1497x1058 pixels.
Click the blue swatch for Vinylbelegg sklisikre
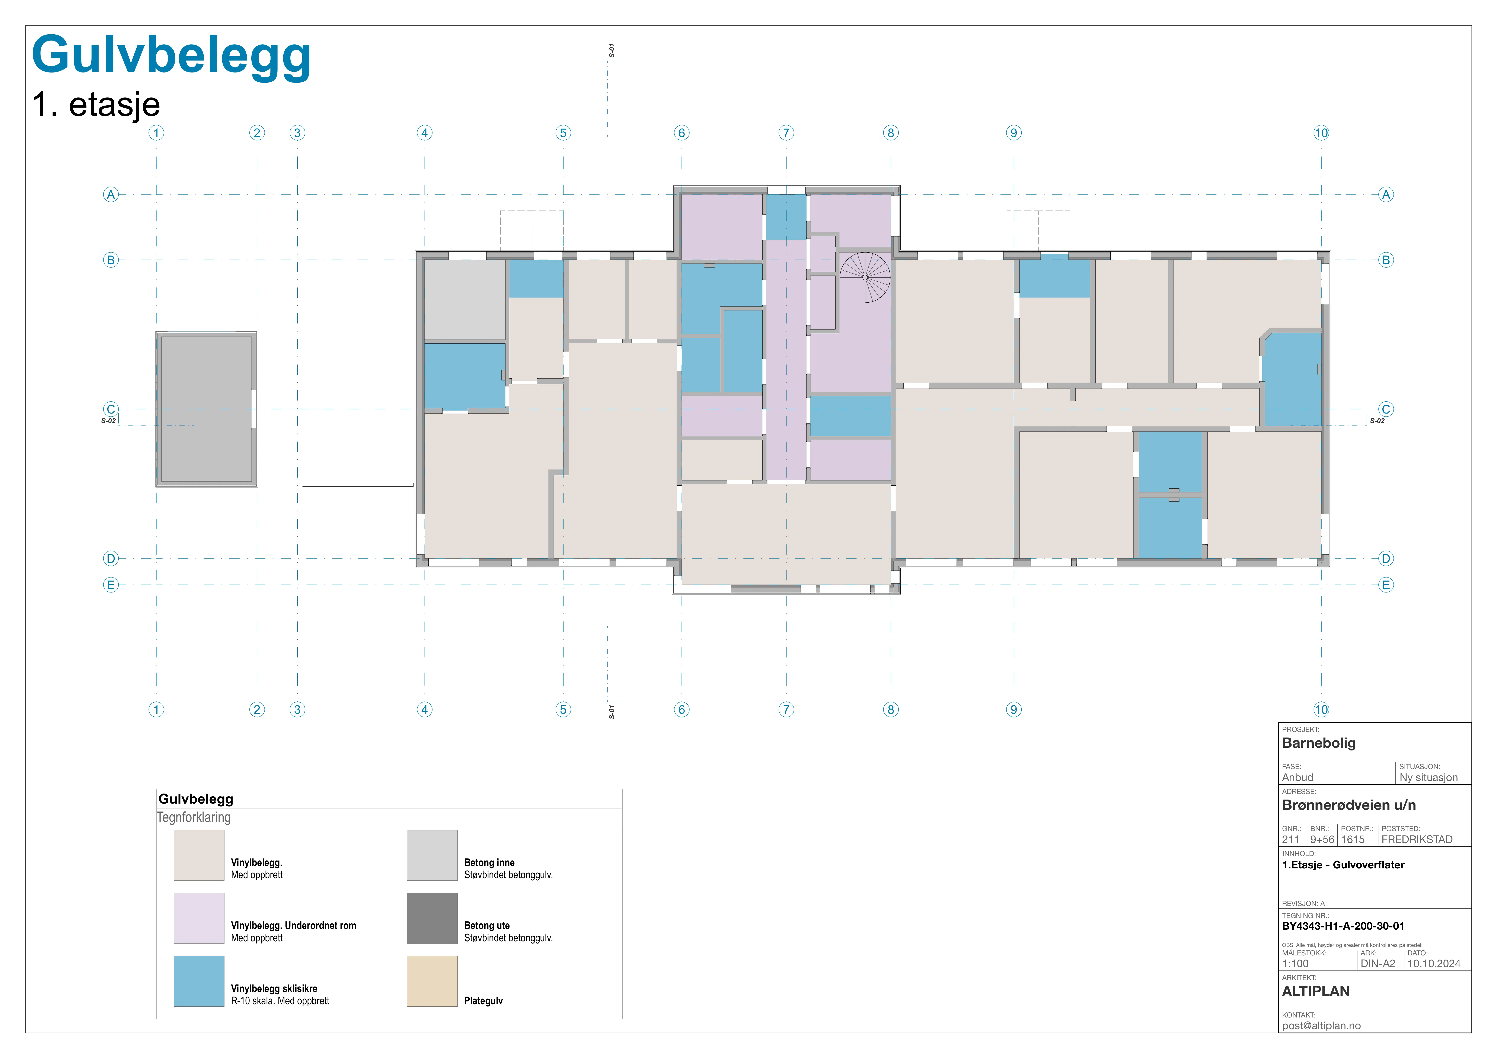(199, 981)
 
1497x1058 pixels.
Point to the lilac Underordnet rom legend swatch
(199, 918)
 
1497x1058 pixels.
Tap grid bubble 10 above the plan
(1321, 133)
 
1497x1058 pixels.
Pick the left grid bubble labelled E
(111, 585)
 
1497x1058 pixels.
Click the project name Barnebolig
(1318, 743)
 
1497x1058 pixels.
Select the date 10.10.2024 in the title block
(1434, 964)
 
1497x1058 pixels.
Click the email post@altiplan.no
(1321, 1025)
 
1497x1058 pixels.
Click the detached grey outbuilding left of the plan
(207, 409)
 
